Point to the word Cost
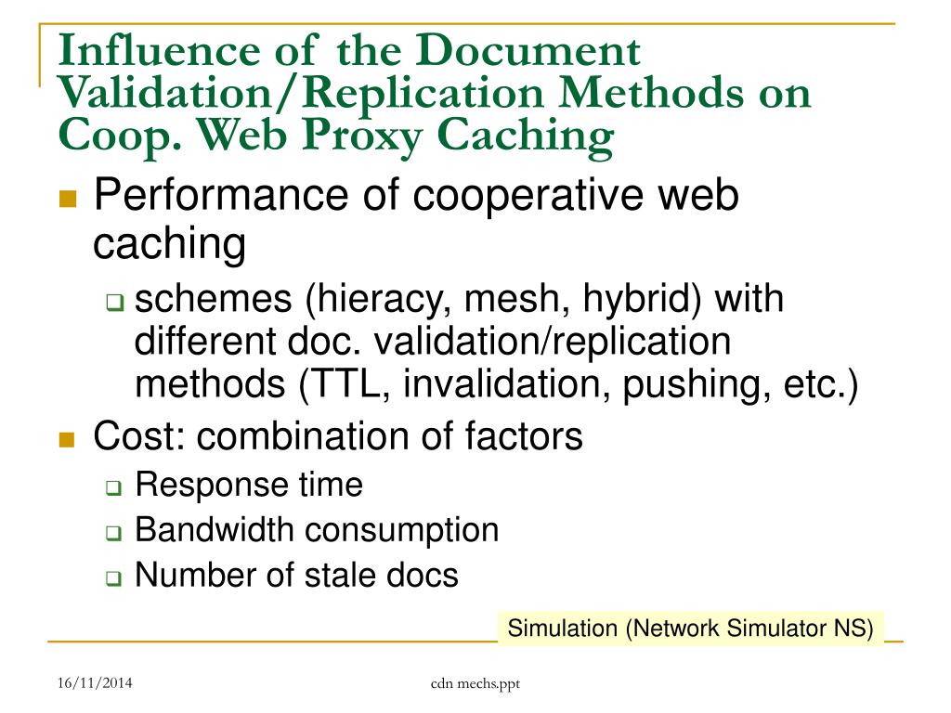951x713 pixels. click(130, 436)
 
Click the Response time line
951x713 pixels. click(248, 485)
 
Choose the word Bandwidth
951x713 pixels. click(215, 530)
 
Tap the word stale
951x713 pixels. click(337, 576)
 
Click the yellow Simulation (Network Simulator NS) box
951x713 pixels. click(690, 628)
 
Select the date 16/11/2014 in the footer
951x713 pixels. click(94, 684)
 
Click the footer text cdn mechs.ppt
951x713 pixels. click(475, 684)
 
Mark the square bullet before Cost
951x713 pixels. click(66, 439)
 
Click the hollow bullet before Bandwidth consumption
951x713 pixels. click(113, 533)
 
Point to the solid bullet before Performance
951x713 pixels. click(66, 200)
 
